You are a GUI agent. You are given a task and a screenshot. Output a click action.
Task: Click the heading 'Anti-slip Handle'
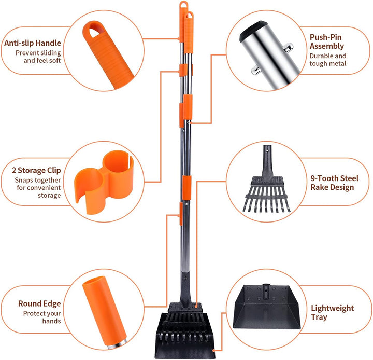pyautogui.click(x=33, y=43)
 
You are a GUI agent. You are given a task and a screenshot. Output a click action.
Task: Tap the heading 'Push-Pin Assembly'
pyautogui.click(x=326, y=41)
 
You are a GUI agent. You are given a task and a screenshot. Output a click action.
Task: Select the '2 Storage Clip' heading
pyautogui.click(x=36, y=170)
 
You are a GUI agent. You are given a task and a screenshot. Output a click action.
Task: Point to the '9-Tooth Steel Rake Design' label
pyautogui.click(x=334, y=183)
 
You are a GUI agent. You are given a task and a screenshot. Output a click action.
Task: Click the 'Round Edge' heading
pyautogui.click(x=39, y=303)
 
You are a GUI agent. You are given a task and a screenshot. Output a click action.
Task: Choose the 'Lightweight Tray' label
pyautogui.click(x=332, y=312)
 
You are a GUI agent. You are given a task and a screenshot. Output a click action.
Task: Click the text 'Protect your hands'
pyautogui.click(x=42, y=317)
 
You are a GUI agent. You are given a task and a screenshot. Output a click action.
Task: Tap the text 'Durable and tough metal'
pyautogui.click(x=328, y=60)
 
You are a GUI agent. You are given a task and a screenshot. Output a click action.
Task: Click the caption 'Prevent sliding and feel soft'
pyautogui.click(x=38, y=57)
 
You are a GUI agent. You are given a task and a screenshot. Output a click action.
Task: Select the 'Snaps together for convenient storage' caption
pyautogui.click(x=38, y=188)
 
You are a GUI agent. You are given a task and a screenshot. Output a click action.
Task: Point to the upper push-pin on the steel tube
pyautogui.click(x=289, y=47)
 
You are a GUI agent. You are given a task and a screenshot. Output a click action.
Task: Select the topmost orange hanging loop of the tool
pyautogui.click(x=183, y=5)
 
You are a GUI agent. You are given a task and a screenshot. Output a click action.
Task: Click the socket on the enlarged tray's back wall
pyautogui.click(x=266, y=290)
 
